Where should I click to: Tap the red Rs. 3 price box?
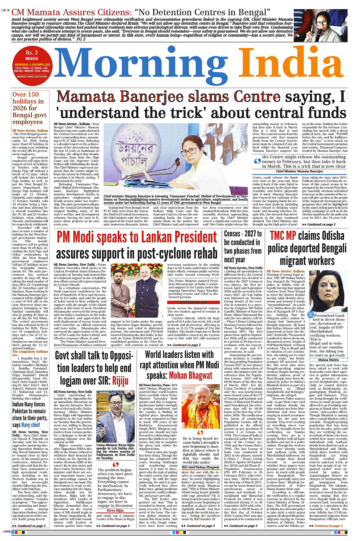(32, 53)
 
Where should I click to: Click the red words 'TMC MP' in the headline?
(283, 236)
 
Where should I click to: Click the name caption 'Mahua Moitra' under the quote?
(328, 360)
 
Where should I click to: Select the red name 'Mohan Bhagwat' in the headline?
(190, 376)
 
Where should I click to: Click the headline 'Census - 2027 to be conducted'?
(242, 246)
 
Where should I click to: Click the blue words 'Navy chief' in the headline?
(30, 425)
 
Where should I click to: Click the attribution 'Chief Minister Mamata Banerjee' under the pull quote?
(299, 171)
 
